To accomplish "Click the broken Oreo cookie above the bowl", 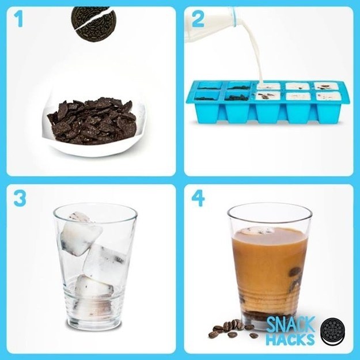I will (x=92, y=22).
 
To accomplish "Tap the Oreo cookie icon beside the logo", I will (x=332, y=332).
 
